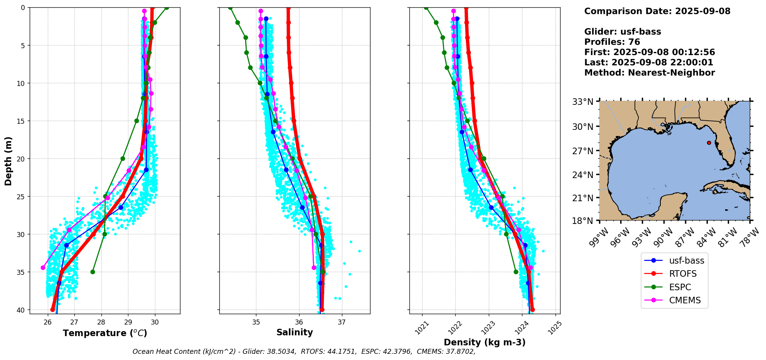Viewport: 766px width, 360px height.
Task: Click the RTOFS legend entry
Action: pos(683,274)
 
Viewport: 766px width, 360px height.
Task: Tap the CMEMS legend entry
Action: pos(685,300)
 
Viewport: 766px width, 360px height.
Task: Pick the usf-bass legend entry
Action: pos(686,261)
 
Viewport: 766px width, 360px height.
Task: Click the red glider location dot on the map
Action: pos(709,143)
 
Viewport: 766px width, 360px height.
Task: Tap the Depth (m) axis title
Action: pos(8,161)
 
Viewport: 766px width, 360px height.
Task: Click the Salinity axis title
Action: pos(295,332)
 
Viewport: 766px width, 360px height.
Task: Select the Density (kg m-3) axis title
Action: pos(485,342)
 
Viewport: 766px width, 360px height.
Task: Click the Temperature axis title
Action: pos(105,333)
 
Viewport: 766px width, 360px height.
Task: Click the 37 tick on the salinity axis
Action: pos(342,322)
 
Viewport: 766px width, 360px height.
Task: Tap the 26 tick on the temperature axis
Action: pos(48,322)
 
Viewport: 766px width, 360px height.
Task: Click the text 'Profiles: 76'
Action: pos(612,42)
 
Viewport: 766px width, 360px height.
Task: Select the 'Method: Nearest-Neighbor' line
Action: pos(649,73)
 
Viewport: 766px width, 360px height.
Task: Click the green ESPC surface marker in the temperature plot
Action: pos(167,8)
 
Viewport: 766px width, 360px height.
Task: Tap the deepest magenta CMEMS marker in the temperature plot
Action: pos(43,267)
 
